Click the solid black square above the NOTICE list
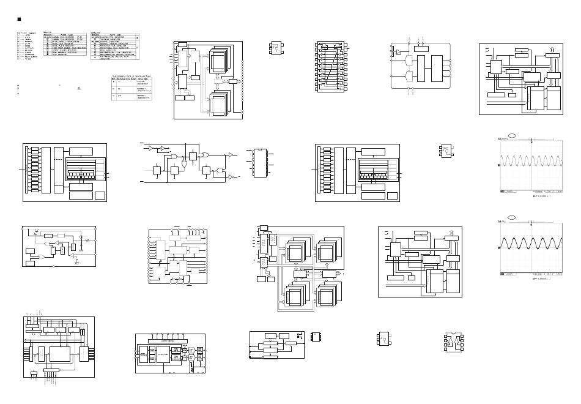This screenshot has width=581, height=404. tap(19, 20)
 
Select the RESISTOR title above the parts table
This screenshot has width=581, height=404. tap(48, 31)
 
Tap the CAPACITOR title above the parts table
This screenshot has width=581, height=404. tap(96, 31)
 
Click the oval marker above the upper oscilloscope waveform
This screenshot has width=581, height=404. tap(513, 138)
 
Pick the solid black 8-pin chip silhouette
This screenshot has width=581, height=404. tap(318, 336)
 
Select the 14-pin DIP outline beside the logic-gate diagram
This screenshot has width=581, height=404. tap(260, 158)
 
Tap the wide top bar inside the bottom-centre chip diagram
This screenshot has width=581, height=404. tap(171, 340)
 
